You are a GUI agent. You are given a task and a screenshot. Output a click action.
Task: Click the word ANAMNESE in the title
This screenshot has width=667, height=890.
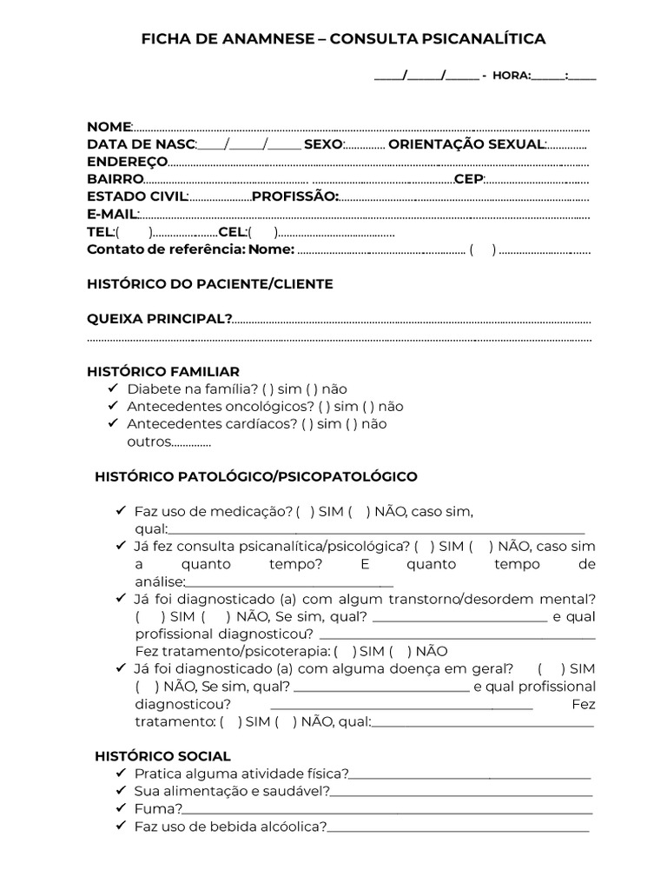tap(253, 39)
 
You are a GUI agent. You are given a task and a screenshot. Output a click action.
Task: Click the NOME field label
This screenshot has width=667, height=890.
tap(109, 127)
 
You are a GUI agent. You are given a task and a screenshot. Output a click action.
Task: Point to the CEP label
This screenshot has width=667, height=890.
tap(468, 179)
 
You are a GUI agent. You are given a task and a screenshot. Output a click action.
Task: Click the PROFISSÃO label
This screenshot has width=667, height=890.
tap(294, 196)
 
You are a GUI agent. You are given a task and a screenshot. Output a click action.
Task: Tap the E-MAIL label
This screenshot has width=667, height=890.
tap(112, 214)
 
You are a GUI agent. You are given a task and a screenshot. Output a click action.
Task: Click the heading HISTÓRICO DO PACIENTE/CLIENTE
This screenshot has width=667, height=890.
tap(209, 284)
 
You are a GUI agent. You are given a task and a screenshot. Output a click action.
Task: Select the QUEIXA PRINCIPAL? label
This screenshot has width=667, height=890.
tap(159, 319)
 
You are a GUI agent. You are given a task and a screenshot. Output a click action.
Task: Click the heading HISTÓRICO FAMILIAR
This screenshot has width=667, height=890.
tap(163, 371)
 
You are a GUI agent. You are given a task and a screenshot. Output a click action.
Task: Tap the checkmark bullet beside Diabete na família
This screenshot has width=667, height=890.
tap(112, 389)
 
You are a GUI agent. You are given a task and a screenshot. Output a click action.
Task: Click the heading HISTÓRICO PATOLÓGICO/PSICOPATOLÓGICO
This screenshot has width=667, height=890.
tap(255, 476)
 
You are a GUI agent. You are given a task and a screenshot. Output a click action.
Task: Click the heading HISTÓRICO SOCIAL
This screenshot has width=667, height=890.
tap(162, 756)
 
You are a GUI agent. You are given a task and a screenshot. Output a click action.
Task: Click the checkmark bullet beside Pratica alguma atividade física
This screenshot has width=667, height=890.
tap(119, 774)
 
